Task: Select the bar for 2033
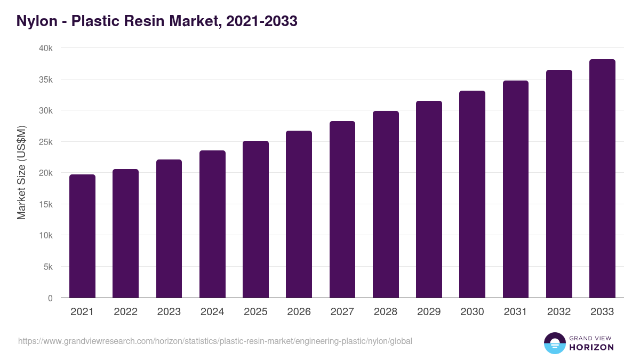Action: tap(602, 178)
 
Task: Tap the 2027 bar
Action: tap(342, 209)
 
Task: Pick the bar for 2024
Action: tap(212, 224)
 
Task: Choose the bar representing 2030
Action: tap(472, 194)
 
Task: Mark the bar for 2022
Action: tap(125, 233)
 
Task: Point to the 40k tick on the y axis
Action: tap(46, 49)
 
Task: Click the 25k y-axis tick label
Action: tap(46, 142)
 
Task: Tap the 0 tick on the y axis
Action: tap(50, 298)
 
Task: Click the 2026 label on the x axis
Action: tap(299, 312)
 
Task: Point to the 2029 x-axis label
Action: tap(429, 312)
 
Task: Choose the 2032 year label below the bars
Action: tap(559, 312)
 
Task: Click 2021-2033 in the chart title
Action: tap(261, 21)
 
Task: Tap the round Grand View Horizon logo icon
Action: tap(554, 343)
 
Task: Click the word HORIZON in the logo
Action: tap(591, 347)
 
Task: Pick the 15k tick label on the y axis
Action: tap(46, 205)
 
